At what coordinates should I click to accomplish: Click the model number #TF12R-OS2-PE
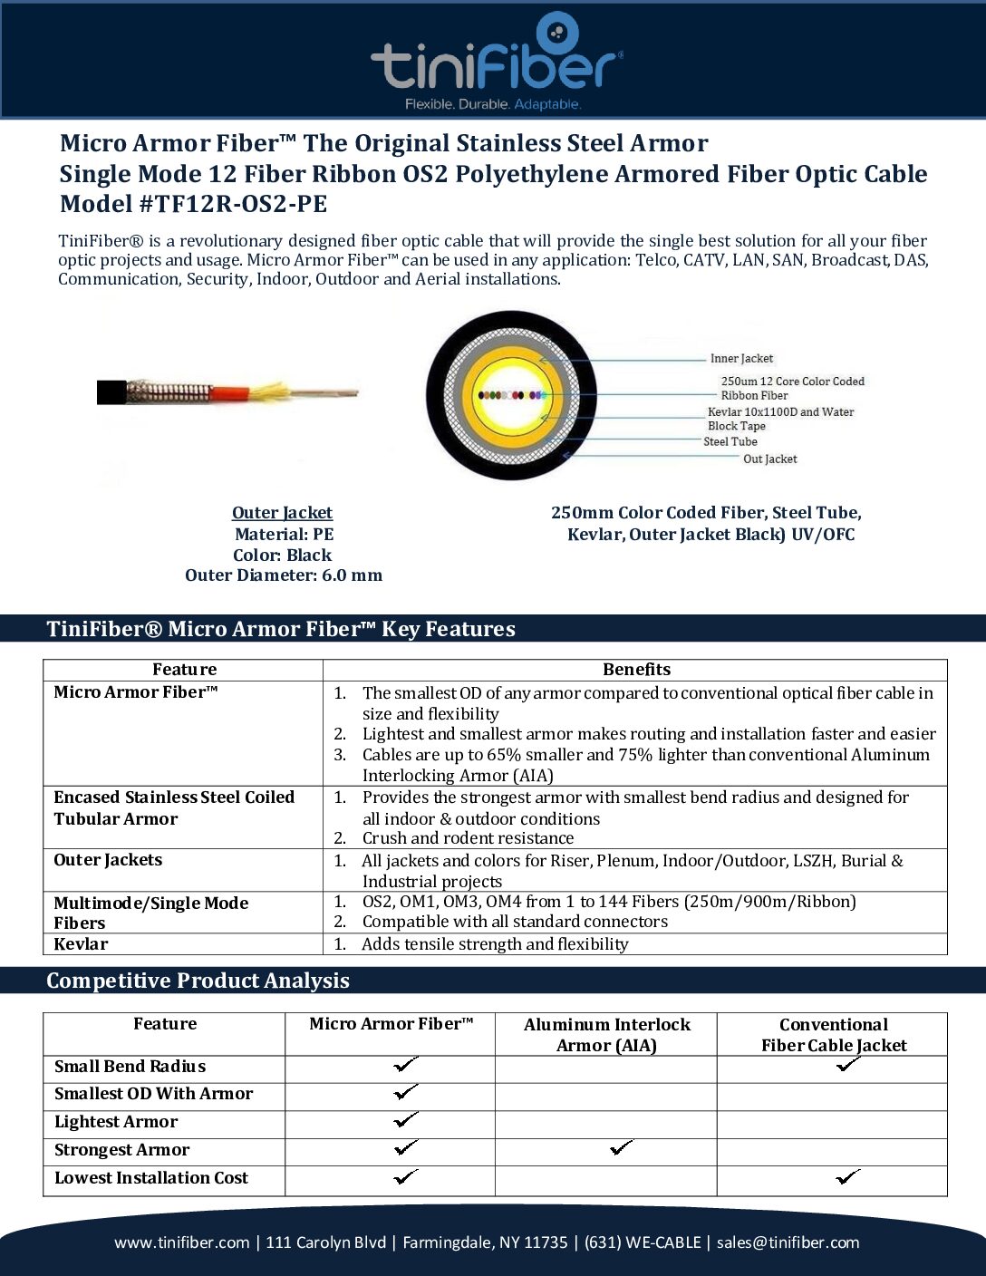(233, 204)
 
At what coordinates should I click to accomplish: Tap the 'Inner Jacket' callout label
(741, 359)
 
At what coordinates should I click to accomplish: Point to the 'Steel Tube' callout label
(730, 442)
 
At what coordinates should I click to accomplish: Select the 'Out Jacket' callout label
(770, 459)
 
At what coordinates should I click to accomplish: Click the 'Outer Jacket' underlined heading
(282, 513)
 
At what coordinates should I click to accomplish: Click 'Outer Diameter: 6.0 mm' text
(284, 575)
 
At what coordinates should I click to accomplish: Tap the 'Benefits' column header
(636, 670)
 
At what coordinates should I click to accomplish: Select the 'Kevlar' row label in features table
(81, 944)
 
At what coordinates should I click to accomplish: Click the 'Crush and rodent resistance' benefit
(468, 838)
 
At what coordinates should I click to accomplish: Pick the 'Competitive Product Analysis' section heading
(198, 981)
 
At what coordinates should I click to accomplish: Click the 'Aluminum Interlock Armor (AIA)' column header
(606, 1035)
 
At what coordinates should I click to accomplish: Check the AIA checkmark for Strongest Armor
(622, 1148)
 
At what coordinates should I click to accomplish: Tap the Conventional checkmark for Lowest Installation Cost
(848, 1177)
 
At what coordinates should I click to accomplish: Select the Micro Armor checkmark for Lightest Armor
(406, 1120)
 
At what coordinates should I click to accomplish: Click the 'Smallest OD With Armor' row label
(153, 1094)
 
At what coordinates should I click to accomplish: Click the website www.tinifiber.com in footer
(181, 1242)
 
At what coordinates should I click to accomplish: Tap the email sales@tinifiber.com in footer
(788, 1242)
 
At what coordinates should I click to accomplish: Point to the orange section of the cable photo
(230, 393)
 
